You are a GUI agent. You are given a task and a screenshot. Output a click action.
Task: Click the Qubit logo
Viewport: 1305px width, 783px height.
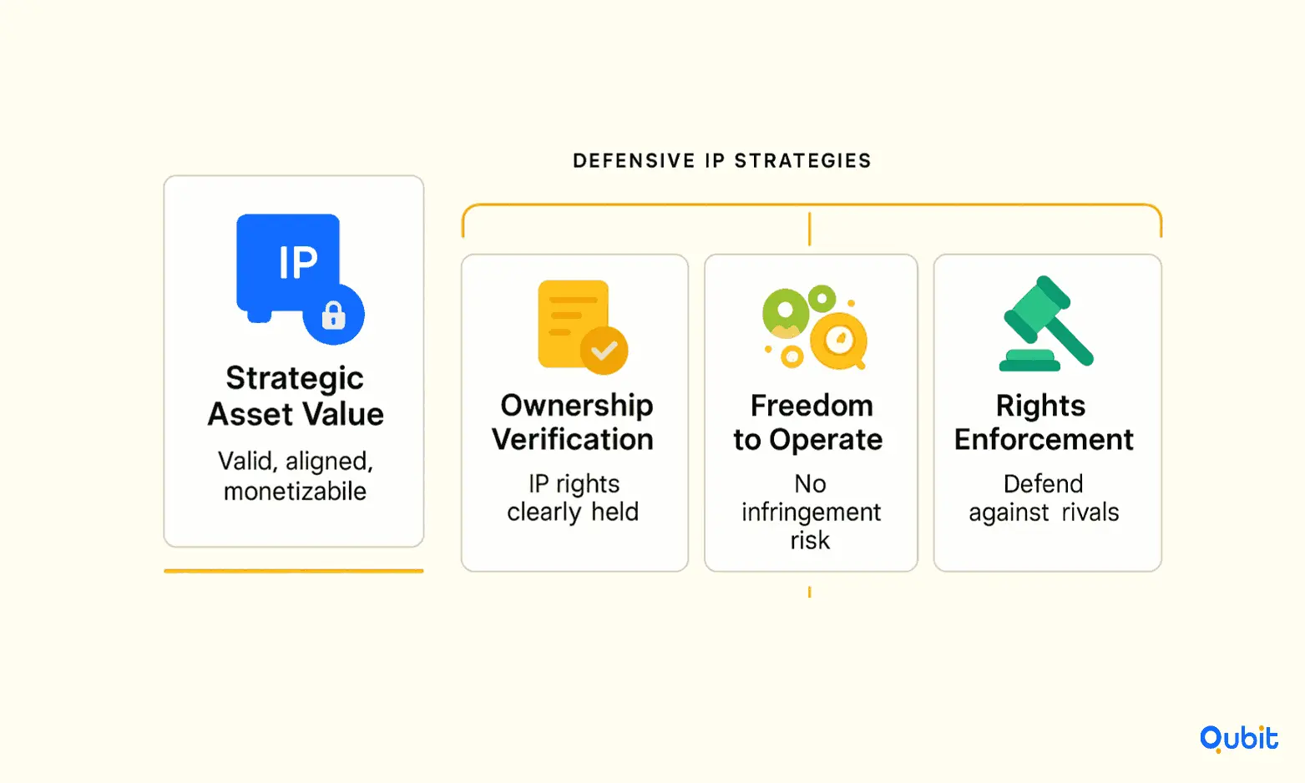pyautogui.click(x=1239, y=739)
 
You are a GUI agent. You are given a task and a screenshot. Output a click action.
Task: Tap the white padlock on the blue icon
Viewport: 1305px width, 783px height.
pyautogui.click(x=334, y=316)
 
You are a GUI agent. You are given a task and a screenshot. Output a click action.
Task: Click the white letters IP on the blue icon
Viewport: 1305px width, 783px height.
pyautogui.click(x=298, y=262)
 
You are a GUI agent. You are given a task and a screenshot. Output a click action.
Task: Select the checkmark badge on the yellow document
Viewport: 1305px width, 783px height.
pyautogui.click(x=604, y=350)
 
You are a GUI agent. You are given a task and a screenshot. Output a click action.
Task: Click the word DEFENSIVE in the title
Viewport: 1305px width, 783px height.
pyautogui.click(x=634, y=161)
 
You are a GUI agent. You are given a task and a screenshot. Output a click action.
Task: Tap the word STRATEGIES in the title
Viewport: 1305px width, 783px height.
pyautogui.click(x=803, y=161)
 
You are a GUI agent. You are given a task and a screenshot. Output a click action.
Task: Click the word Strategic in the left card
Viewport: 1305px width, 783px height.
pyautogui.click(x=295, y=380)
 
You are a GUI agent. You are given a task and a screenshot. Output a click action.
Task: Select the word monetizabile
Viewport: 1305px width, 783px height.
pyautogui.click(x=295, y=491)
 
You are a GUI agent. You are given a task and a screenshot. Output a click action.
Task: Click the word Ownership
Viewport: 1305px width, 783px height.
pyautogui.click(x=577, y=406)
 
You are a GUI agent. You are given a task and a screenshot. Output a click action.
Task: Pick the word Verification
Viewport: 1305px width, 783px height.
pyautogui.click(x=573, y=439)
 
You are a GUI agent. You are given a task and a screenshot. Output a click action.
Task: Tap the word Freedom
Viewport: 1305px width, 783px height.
pyautogui.click(x=812, y=406)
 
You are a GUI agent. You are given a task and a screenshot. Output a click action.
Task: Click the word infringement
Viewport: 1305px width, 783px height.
pyautogui.click(x=811, y=513)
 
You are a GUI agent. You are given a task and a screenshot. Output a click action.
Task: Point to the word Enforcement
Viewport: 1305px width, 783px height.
pyautogui.click(x=1044, y=439)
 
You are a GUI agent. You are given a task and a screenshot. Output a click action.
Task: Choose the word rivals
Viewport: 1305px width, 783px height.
pyautogui.click(x=1090, y=513)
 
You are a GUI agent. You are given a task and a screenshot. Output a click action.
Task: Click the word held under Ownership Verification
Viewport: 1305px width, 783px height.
pyautogui.click(x=615, y=512)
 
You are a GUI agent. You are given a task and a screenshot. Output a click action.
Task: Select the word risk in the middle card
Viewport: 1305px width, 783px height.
pyautogui.click(x=810, y=541)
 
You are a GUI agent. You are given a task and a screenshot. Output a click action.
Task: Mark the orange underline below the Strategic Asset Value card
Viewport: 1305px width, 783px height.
pyautogui.click(x=294, y=571)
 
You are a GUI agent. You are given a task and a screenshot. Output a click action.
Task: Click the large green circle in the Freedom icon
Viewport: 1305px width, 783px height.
pyautogui.click(x=786, y=313)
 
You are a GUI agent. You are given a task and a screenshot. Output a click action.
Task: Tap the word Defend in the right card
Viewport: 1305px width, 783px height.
pyautogui.click(x=1043, y=484)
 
